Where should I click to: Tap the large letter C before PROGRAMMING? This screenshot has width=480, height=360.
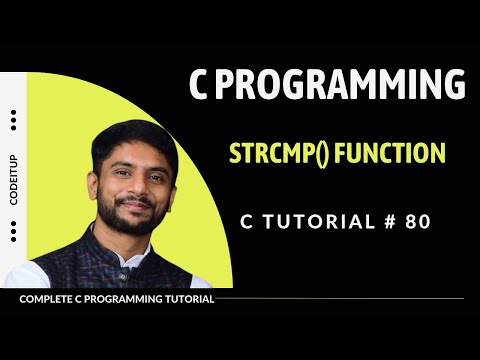pos(200,86)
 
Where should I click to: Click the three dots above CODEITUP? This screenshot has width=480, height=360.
pos(13,120)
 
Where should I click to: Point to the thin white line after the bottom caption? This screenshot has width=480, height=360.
pos(340,299)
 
